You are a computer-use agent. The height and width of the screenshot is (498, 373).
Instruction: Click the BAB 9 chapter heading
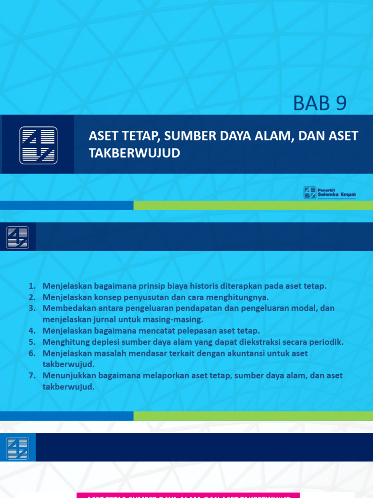[320, 103]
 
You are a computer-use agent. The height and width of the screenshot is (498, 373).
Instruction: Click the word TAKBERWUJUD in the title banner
[134, 153]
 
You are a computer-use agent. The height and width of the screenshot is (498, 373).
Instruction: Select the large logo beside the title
[38, 145]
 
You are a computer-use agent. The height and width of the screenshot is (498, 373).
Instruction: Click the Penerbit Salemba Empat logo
[330, 193]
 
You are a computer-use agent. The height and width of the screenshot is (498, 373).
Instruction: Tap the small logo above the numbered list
[17, 237]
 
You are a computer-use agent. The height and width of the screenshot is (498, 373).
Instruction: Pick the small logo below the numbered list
[17, 448]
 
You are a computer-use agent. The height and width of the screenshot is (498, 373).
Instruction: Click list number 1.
[32, 286]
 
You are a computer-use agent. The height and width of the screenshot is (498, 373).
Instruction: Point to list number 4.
[32, 331]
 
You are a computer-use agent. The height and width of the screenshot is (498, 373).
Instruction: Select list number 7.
[32, 375]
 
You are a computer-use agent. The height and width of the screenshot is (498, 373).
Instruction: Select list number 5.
[32, 342]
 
